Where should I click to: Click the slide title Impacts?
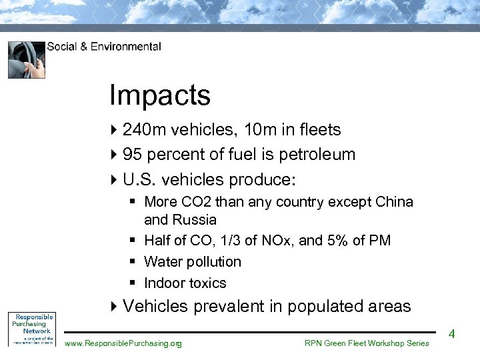160,96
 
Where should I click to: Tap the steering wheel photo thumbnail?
27,60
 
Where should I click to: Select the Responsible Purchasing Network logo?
31,328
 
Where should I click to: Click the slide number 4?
451,333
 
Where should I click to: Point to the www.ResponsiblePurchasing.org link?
123,343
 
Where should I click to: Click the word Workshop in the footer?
385,343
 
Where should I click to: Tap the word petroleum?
317,155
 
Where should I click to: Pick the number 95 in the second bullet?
132,155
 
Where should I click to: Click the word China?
393,202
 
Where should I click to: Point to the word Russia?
195,220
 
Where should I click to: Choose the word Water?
163,262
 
